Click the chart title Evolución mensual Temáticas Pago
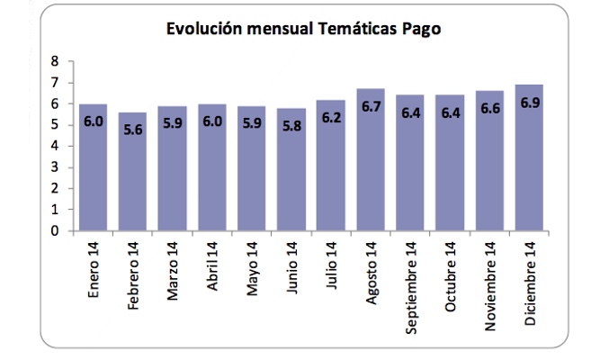click(303, 29)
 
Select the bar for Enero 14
click(94, 171)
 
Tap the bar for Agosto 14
click(372, 162)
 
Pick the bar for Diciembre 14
click(527, 160)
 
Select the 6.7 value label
click(372, 107)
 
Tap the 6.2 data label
click(330, 118)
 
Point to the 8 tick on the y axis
click(56, 61)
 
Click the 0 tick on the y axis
click(56, 230)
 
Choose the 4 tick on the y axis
click(56, 146)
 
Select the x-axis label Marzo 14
click(172, 272)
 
